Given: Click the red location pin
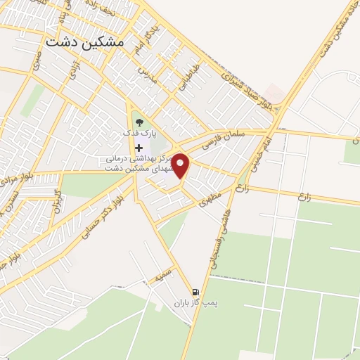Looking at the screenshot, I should click(x=182, y=166).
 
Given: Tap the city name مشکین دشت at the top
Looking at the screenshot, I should click(x=84, y=42).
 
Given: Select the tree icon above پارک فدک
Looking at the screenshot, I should click(x=138, y=122).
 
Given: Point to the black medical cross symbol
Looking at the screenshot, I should click(x=139, y=148).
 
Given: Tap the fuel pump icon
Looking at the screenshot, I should click(x=195, y=292).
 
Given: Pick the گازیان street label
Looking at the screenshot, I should click(x=58, y=202).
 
